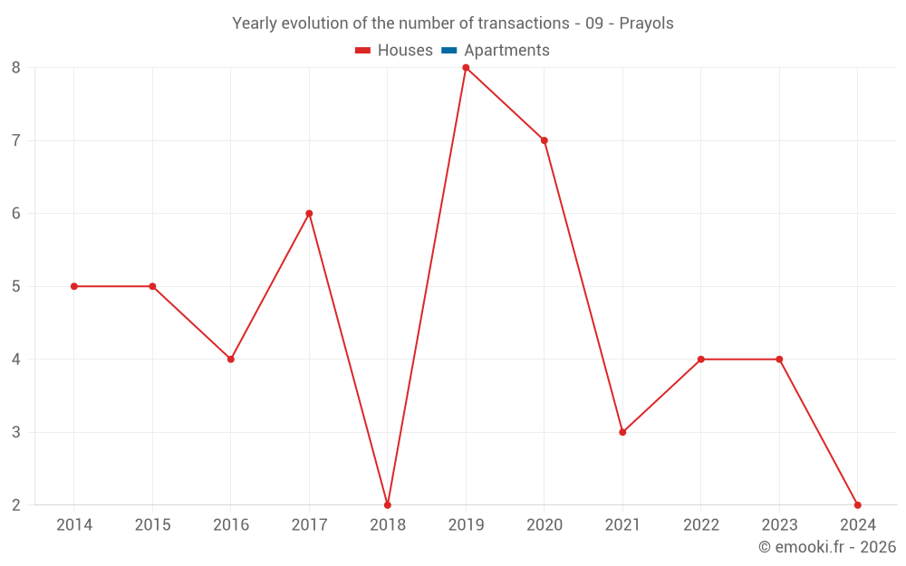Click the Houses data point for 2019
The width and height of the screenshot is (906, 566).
click(466, 68)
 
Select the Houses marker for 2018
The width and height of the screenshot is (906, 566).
click(388, 504)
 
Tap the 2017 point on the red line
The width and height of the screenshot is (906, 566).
click(309, 214)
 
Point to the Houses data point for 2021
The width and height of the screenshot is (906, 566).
click(622, 432)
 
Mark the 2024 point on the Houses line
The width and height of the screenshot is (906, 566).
click(857, 504)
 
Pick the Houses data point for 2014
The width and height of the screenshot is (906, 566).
click(74, 286)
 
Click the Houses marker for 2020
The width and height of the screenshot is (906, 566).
click(545, 140)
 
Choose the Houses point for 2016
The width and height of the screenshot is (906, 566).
click(231, 359)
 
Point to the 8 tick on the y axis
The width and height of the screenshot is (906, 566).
click(16, 68)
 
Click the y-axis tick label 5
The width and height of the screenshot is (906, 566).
click(16, 286)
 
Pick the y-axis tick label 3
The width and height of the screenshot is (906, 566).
click(16, 432)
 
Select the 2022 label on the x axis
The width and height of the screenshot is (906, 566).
click(701, 525)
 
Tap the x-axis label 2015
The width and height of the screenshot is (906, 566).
click(152, 525)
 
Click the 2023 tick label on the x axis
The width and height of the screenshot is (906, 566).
click(779, 525)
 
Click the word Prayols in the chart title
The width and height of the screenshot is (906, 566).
click(646, 24)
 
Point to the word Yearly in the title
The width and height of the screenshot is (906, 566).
click(254, 24)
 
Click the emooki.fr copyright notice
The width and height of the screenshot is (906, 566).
click(827, 547)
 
